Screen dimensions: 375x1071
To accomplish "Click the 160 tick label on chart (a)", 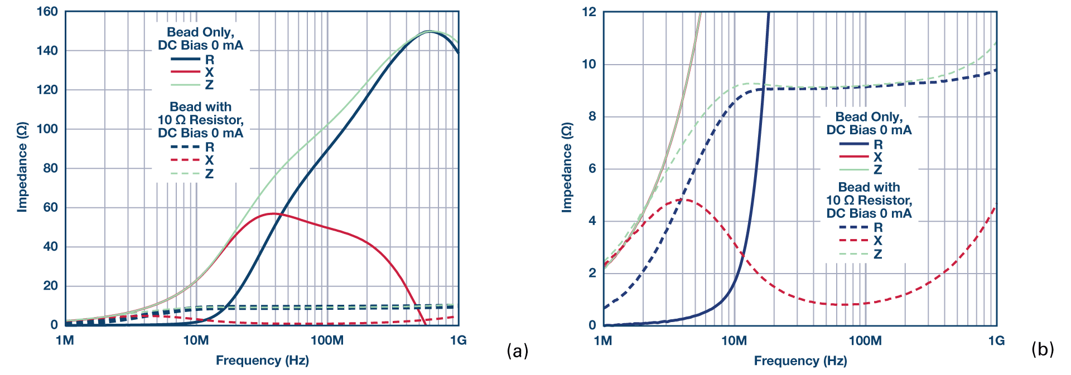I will click(47, 12).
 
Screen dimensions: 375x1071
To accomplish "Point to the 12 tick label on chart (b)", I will click(589, 12).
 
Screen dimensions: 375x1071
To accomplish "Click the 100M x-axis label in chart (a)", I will click(327, 340).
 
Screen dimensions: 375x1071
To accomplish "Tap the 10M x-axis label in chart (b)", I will click(734, 340).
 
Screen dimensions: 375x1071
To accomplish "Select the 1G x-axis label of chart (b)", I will click(996, 340).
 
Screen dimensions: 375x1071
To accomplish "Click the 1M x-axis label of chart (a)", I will click(65, 340).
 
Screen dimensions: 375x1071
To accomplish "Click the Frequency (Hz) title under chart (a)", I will click(262, 361).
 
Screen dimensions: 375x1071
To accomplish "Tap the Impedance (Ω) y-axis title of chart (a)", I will click(22, 167).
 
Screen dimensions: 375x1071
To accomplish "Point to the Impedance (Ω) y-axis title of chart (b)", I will click(567, 167).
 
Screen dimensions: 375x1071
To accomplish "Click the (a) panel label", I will click(517, 350).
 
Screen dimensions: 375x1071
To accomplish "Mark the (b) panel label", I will click(1043, 349).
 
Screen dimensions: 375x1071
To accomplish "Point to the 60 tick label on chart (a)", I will click(50, 207).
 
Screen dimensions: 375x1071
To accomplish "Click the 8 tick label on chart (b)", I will click(592, 116).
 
